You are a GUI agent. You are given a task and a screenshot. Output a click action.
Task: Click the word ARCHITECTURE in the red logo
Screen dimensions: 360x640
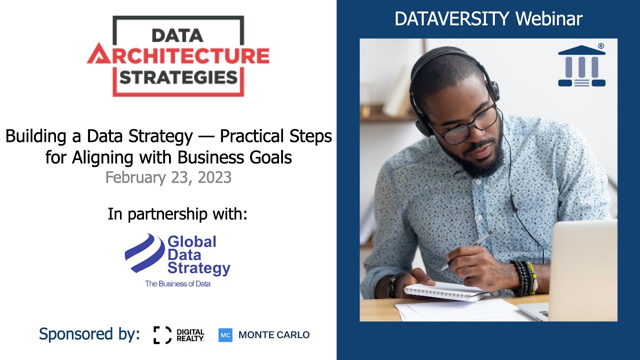tap(178, 55)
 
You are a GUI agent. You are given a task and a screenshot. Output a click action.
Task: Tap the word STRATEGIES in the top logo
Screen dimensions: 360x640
tap(178, 77)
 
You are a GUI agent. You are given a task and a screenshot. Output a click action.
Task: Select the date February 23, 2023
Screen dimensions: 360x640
tap(168, 177)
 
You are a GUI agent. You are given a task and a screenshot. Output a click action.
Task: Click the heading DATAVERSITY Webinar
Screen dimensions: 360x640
tap(488, 19)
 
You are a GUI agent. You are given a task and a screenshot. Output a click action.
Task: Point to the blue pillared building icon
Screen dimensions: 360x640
tap(581, 66)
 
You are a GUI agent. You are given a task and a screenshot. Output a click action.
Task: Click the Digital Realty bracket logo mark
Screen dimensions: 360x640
tap(162, 335)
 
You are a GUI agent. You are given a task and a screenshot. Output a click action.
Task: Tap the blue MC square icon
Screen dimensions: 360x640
tap(225, 335)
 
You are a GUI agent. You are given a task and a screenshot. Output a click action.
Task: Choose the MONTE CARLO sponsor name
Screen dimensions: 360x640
tap(274, 335)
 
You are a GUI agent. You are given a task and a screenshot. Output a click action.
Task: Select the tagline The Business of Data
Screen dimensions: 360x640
tap(177, 284)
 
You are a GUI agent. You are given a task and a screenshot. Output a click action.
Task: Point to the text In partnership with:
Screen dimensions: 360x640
tap(177, 214)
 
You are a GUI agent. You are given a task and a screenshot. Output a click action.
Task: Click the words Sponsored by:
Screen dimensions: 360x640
tap(89, 334)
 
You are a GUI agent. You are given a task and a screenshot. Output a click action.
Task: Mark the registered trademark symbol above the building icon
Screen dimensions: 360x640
tap(600, 46)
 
